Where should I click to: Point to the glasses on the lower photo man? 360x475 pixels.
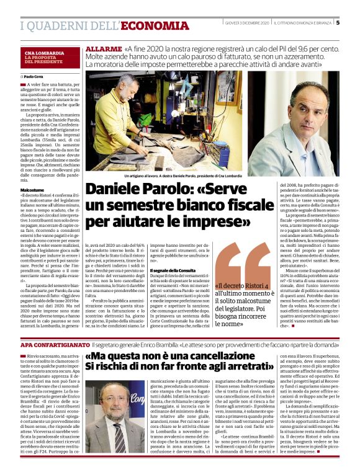(114, 406)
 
